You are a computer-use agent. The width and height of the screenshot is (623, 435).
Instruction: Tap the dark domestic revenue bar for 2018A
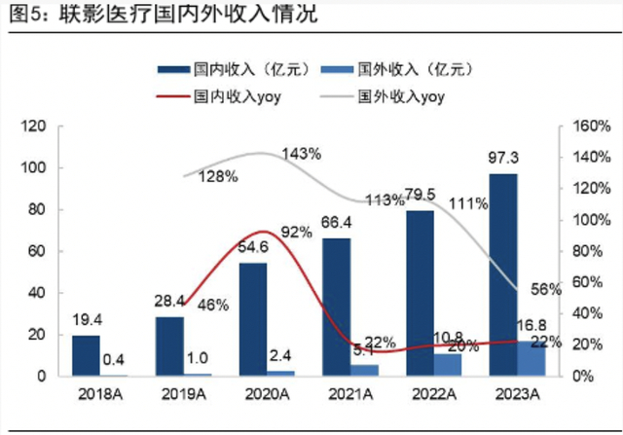[x=86, y=355]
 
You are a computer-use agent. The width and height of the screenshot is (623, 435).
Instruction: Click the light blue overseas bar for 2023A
[x=531, y=358]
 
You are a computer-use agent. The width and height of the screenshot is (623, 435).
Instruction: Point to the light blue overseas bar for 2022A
[x=476, y=364]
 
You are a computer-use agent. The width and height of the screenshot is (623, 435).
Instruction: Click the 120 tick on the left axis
[x=35, y=127]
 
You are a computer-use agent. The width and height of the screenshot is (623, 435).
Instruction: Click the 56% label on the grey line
[x=546, y=290]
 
